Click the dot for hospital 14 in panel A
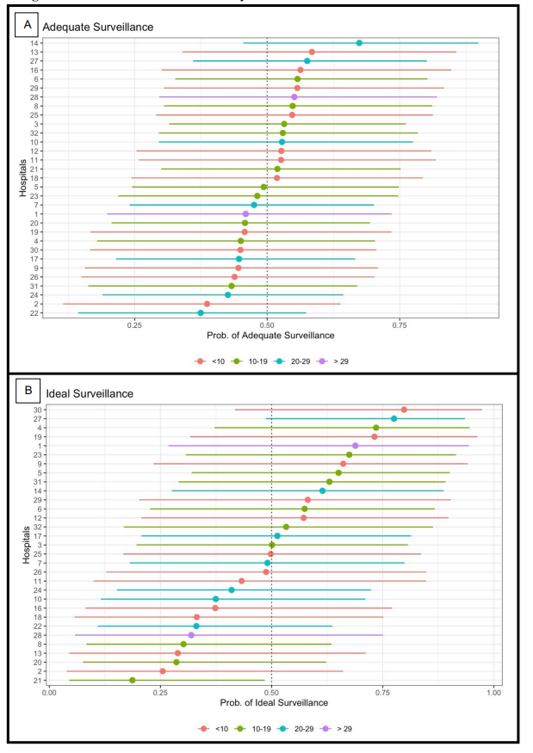(359, 43)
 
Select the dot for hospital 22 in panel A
(201, 312)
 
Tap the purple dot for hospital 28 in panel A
(294, 97)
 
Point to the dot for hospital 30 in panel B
(404, 410)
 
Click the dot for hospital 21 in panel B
(132, 680)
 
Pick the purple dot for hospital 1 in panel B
(355, 446)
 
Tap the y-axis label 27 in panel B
(40, 418)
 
